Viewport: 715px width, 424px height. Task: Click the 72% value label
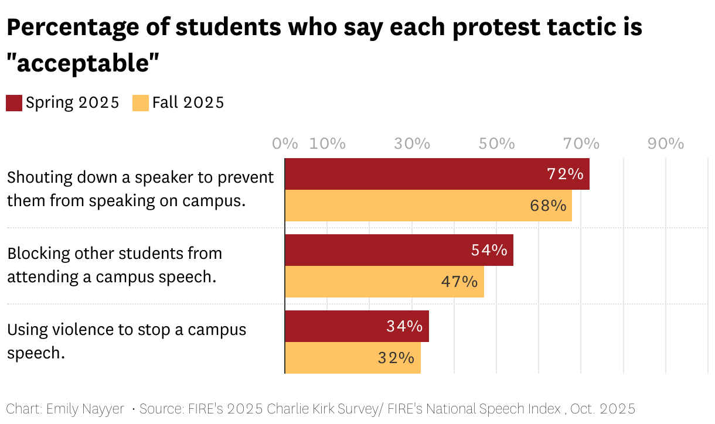565,174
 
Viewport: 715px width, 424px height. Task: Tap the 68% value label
548,206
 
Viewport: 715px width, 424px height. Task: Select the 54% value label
489,250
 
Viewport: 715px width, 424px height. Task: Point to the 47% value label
459,282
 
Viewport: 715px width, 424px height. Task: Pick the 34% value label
404,326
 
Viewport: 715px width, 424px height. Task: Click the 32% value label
396,358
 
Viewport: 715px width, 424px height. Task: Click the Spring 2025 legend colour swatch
14,103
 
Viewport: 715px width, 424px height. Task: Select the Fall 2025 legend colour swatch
141,103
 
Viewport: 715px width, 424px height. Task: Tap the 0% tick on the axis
285,143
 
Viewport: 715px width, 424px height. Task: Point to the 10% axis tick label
327,143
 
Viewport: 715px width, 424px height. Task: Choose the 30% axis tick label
412,143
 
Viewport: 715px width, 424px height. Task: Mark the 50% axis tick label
496,143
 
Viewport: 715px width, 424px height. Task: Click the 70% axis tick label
581,143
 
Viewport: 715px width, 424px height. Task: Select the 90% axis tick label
666,143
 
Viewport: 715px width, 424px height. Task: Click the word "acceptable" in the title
84,63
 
